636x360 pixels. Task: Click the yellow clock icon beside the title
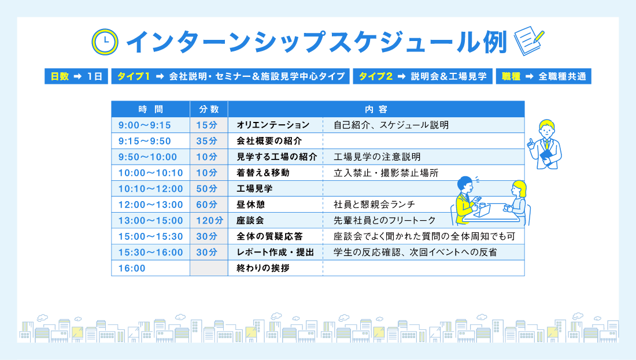tap(105, 42)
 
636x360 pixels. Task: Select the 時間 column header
tap(150, 109)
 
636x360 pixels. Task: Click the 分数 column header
tap(209, 109)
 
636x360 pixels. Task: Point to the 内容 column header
tap(376, 109)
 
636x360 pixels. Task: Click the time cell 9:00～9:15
tap(145, 125)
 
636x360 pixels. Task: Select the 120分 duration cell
tap(209, 221)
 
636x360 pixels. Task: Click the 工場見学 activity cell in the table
tap(255, 189)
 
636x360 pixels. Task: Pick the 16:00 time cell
tap(132, 268)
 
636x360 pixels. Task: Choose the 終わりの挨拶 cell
tap(263, 268)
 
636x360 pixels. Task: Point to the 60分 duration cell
tap(206, 205)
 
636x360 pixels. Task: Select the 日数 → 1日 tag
tap(76, 77)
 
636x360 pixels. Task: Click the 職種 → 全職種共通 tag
tap(543, 77)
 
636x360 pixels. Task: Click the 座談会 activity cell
tap(250, 221)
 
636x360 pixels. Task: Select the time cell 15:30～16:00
tap(150, 253)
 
